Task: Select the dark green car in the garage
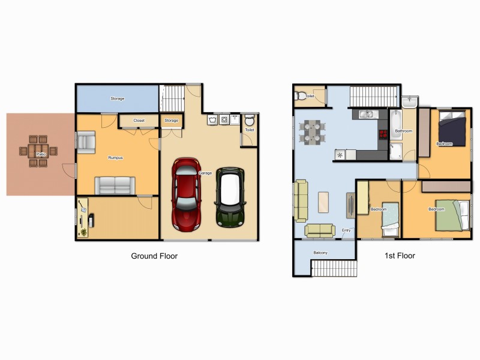pos(230,197)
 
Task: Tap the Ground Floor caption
pos(154,256)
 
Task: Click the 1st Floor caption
pos(400,256)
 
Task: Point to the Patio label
pos(41,155)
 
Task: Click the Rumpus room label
pos(115,158)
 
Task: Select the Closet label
pos(139,121)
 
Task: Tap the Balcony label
pos(320,253)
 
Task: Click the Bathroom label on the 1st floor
pos(403,131)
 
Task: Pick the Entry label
pos(346,230)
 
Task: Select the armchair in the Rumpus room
pos(86,142)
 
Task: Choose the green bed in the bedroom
pos(450,215)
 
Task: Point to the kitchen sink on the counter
pos(367,114)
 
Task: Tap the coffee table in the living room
pos(324,202)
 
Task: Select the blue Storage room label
pos(118,98)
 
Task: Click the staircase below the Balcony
pos(334,268)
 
